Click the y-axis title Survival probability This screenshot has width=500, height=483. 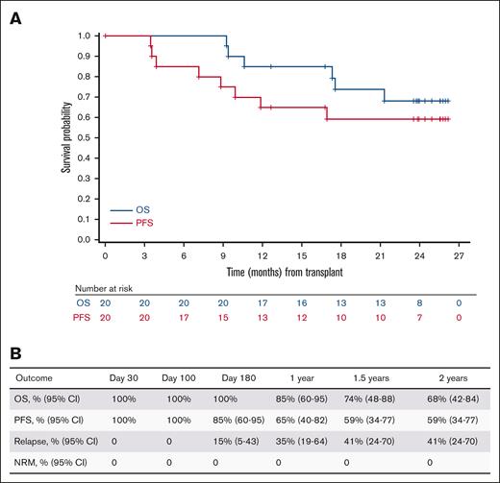[63, 137]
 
